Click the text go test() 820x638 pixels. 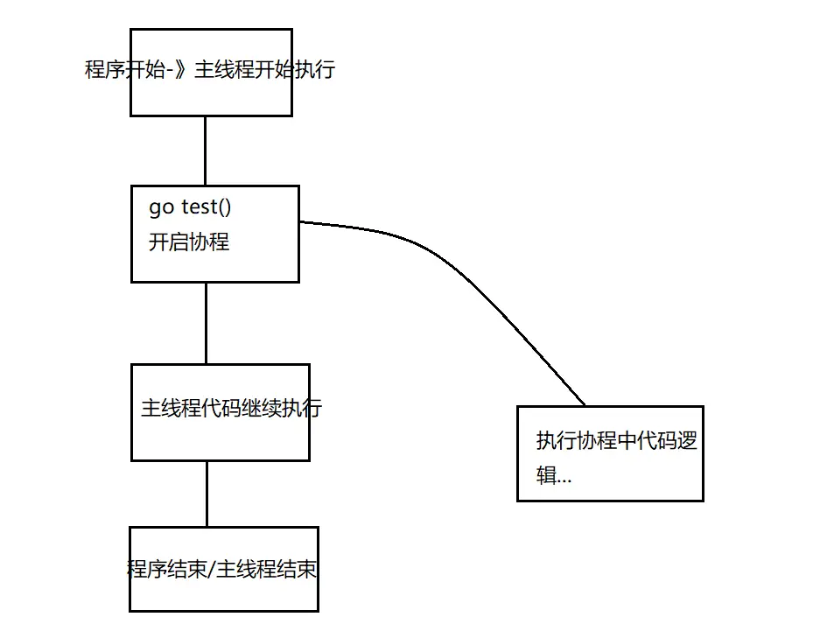(190, 207)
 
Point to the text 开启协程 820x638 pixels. (189, 242)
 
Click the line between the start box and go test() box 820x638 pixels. (205, 150)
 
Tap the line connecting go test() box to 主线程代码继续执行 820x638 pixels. (207, 322)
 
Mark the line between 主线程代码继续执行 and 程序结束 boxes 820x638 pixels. (207, 493)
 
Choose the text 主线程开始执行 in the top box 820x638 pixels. (264, 70)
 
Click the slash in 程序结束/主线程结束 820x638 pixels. (211, 570)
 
